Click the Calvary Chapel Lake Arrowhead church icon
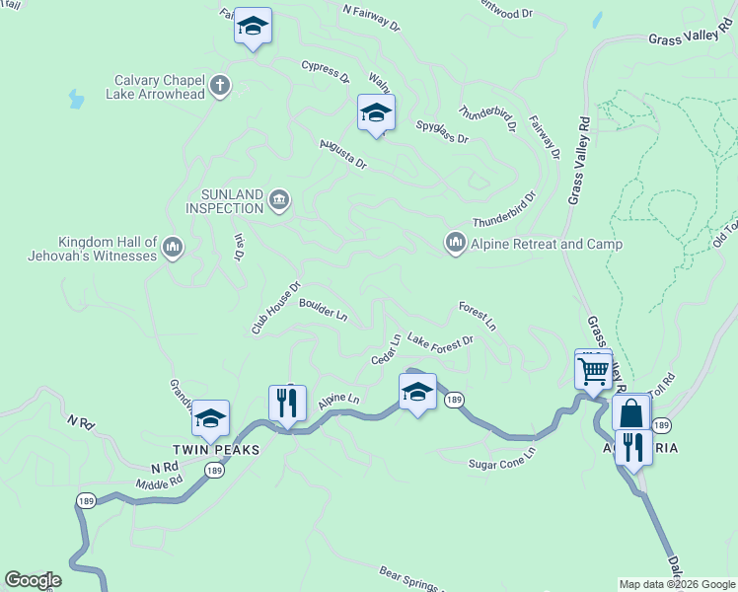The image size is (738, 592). pos(219,87)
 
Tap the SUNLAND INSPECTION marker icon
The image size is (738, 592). pos(279,201)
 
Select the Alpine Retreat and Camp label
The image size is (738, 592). pos(533,244)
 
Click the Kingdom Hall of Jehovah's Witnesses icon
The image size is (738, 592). pos(173,246)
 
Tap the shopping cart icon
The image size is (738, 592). pos(593,372)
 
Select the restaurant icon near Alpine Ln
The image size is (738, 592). pos(287,403)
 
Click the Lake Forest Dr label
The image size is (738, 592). pos(440,341)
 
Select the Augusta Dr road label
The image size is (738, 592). pos(342,154)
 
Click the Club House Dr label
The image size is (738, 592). pos(275,309)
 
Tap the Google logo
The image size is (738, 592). pos(33,580)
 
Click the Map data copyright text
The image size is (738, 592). pos(677,584)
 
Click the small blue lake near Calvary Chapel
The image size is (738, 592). pos(76,99)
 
